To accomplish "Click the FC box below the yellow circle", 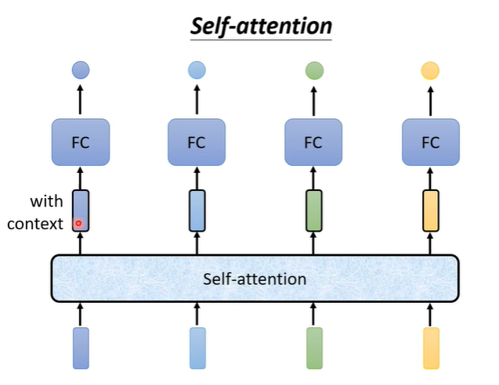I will (x=430, y=142).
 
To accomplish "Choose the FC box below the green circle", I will (x=313, y=142).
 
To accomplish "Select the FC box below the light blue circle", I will (x=197, y=142).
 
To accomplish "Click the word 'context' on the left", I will (x=34, y=225).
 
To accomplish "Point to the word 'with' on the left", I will (x=46, y=201).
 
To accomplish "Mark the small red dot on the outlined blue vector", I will (x=78, y=224).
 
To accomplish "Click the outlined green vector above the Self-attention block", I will (x=313, y=210).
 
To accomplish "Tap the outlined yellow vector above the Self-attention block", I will (x=430, y=210).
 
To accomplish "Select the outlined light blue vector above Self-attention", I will (x=197, y=210).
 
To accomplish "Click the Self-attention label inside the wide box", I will (x=255, y=279).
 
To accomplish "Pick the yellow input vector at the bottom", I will (x=431, y=348).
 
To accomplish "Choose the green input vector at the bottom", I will (x=314, y=348).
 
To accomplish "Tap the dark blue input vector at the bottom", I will (x=81, y=348).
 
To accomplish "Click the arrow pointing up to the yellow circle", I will (x=430, y=100).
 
